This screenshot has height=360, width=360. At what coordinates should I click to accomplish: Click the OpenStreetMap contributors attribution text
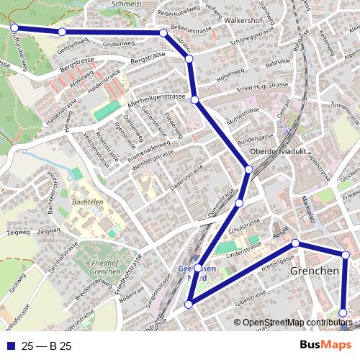(297, 323)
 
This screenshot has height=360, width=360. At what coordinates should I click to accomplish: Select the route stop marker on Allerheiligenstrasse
(194, 99)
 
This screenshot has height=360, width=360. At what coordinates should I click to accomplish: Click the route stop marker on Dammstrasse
(239, 204)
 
